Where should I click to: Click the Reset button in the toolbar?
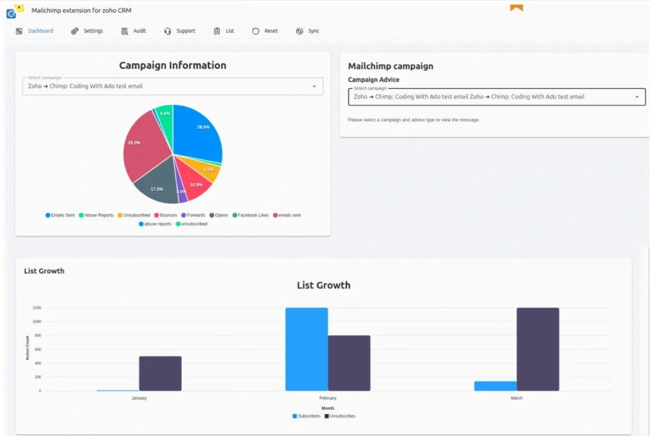coord(265,31)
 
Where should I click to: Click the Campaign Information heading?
coord(172,66)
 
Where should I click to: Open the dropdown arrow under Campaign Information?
coord(314,87)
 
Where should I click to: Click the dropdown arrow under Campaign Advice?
coord(637,97)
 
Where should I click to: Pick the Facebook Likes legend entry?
coord(250,215)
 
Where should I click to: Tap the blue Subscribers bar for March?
coord(495,386)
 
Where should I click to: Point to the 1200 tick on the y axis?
coord(37,307)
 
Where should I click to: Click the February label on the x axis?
coord(327,398)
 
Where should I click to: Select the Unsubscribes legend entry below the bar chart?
coord(340,416)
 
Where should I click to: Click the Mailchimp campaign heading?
coord(390,66)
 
